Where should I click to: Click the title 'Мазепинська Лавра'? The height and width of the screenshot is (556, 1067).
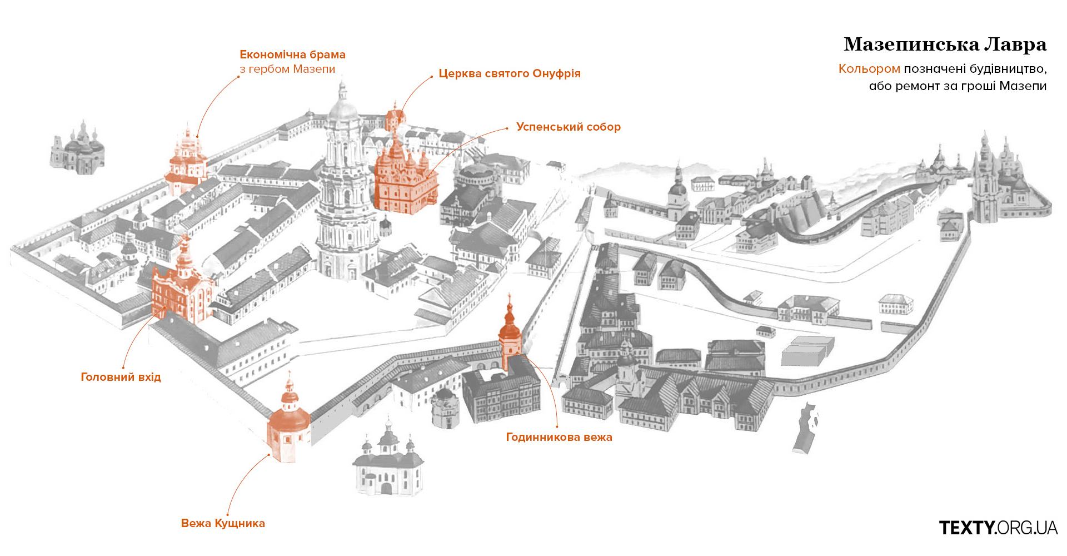[x=945, y=44]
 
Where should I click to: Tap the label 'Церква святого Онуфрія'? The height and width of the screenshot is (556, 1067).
[x=510, y=73]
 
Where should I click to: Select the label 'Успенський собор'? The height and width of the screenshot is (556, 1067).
[x=569, y=127]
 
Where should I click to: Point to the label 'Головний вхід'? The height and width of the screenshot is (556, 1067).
[x=121, y=377]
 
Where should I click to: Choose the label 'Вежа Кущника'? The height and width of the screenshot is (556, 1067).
[x=223, y=523]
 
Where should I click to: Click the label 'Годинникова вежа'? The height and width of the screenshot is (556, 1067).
[x=559, y=437]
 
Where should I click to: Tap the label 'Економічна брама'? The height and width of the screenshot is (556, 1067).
[x=293, y=54]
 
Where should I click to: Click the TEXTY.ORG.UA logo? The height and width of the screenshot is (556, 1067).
[x=998, y=528]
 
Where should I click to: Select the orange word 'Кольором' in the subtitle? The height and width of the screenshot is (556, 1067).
[x=869, y=69]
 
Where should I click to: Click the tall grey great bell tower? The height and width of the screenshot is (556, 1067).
[x=345, y=189]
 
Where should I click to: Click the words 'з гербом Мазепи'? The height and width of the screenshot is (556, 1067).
[x=287, y=69]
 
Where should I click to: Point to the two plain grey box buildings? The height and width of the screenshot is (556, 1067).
[x=807, y=350]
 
